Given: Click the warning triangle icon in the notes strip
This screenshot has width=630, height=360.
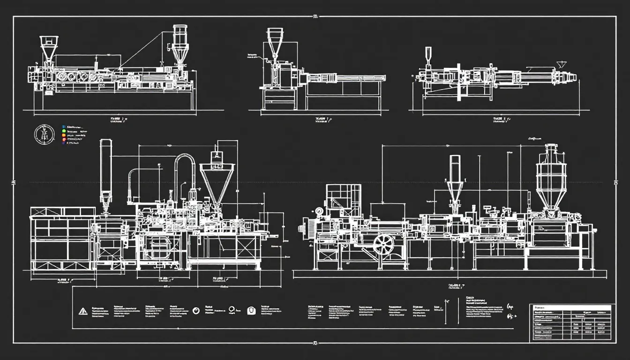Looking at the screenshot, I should coord(83,310).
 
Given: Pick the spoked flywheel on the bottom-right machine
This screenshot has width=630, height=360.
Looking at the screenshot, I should coord(384,244).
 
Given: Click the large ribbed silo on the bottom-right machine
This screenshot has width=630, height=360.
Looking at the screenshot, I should coord(550,180).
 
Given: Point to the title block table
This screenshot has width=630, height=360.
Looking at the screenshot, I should coord(570,323).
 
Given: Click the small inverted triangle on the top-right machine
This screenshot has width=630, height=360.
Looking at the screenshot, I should coord(561,64).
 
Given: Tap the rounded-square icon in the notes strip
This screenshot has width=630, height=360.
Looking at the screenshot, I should coord(251,310).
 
